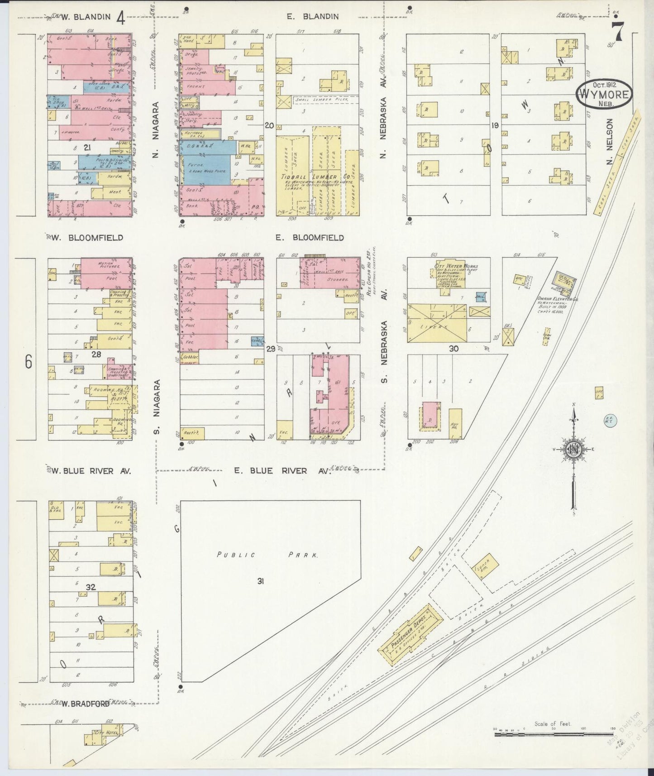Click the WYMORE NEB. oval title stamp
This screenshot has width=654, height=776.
pos(604,93)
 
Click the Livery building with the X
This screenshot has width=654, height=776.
pos(436,323)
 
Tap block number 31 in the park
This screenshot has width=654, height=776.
pos(261,581)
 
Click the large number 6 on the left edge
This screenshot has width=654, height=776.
pos(29,362)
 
